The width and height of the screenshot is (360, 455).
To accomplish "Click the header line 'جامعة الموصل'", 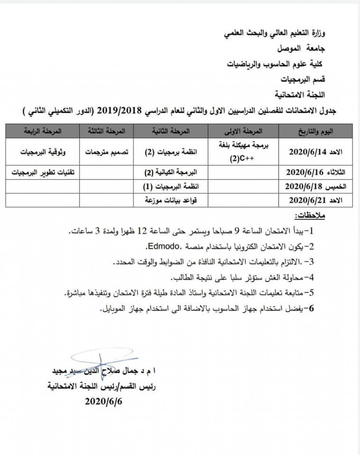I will pos(301,49).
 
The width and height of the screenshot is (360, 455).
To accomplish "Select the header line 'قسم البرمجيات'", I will pos(303,79).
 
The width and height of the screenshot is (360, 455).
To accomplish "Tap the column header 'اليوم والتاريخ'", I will pos(316,131).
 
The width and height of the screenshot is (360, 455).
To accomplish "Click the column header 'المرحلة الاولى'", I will pos(243,131).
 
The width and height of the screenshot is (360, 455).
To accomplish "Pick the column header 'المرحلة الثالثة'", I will pos(107,131).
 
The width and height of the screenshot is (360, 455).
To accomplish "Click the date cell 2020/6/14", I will pos(316,152).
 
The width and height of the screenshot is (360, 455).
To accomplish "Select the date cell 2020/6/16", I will pos(316,173).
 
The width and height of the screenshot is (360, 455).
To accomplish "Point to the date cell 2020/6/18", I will pos(316,187).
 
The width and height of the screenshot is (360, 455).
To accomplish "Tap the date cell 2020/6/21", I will pos(316,200).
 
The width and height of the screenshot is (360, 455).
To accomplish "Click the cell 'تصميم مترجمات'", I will pos(107,152).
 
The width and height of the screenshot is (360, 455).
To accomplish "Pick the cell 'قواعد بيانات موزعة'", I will pos(171,200).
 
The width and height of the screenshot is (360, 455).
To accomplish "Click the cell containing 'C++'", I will pos(243,152).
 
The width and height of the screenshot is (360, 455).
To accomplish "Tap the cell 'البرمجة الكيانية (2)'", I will pos(171,173).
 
